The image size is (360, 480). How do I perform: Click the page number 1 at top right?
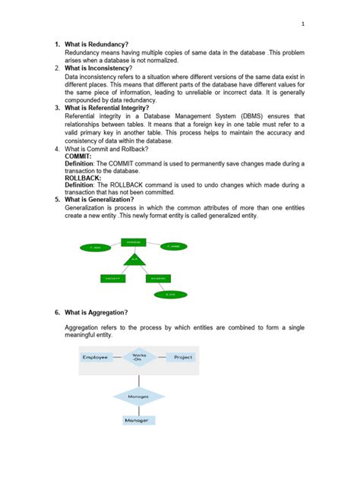[x=303, y=24]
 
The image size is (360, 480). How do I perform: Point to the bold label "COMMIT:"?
[x=79, y=156]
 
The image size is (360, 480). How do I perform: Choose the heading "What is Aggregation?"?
[x=96, y=312]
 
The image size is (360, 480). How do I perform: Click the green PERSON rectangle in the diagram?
[x=133, y=242]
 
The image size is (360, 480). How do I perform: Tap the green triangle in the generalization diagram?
[x=134, y=260]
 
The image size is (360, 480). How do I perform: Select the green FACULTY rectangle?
[x=113, y=279]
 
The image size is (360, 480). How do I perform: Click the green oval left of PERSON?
[x=95, y=248]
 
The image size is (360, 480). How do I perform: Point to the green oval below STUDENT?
[x=172, y=293]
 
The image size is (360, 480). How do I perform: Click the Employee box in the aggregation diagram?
[x=96, y=357]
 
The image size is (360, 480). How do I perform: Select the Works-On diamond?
[x=139, y=356]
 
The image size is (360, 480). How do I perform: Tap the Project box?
[x=183, y=357]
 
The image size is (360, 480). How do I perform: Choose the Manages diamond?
[x=139, y=396]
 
